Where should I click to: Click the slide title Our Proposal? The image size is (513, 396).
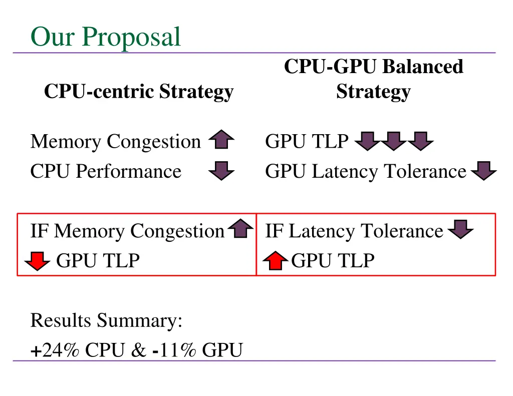[x=105, y=37]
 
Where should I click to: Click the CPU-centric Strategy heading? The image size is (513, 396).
[x=139, y=92]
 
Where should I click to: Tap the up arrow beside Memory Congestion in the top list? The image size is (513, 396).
[x=221, y=141]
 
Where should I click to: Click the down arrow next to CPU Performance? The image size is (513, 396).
[x=221, y=171]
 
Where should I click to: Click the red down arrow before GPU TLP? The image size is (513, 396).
[x=38, y=261]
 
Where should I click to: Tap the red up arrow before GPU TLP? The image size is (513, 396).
[x=276, y=261]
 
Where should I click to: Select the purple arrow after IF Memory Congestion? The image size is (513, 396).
[x=241, y=229]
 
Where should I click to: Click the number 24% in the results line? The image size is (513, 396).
[x=61, y=350]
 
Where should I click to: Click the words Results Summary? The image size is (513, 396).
[x=106, y=320]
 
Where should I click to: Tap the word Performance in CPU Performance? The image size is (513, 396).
[x=129, y=171]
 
